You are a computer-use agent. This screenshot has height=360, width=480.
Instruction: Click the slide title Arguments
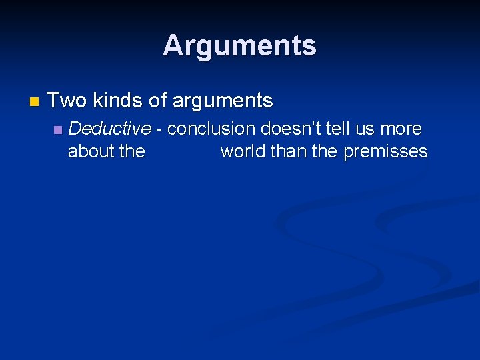(x=239, y=45)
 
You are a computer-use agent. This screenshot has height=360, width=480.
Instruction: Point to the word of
(x=157, y=101)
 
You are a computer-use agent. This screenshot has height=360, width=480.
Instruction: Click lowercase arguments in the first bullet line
(x=223, y=101)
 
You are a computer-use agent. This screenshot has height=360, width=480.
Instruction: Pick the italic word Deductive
(x=109, y=128)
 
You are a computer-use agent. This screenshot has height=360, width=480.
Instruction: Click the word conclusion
(x=211, y=128)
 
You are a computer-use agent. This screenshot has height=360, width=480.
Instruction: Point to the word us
(x=369, y=129)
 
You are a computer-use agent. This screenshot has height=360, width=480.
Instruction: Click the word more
(x=402, y=129)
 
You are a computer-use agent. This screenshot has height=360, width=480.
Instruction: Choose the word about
(x=91, y=151)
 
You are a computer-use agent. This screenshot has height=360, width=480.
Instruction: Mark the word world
(x=244, y=151)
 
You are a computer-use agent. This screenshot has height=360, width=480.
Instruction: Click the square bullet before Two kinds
(x=34, y=102)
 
